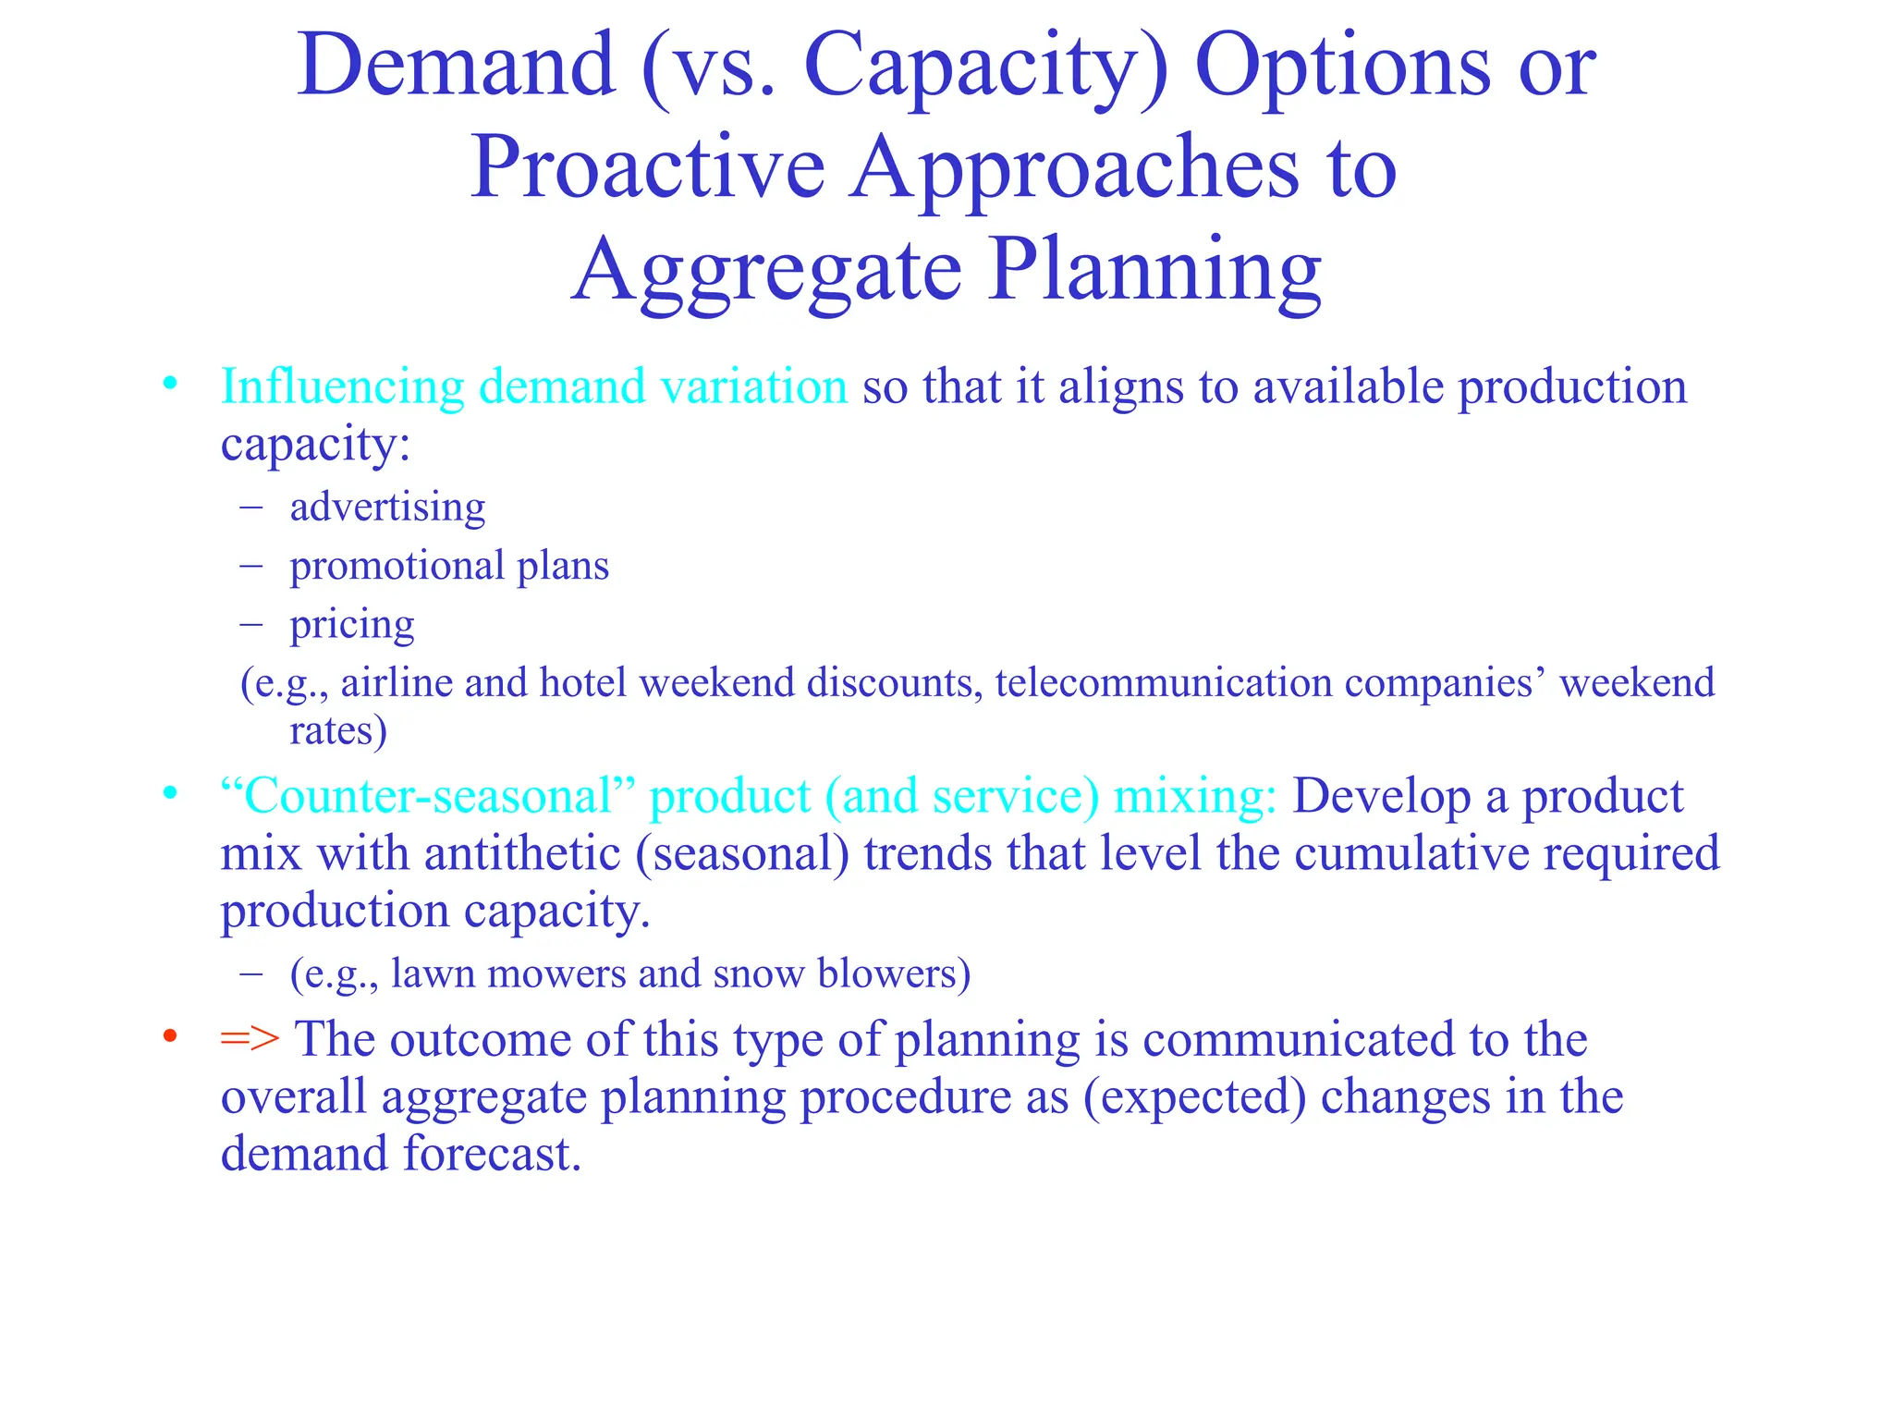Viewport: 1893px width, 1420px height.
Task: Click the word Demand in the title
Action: [x=456, y=66]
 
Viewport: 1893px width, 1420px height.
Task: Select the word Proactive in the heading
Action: [x=647, y=168]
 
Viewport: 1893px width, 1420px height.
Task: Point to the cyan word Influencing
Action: [x=342, y=387]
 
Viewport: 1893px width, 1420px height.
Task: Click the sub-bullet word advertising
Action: [x=387, y=508]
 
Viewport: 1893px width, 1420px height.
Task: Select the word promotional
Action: [x=397, y=566]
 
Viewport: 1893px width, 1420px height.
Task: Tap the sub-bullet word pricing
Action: [x=351, y=626]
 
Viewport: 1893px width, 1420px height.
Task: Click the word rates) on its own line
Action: [x=338, y=730]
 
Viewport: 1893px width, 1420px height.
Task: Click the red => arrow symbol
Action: [x=250, y=1038]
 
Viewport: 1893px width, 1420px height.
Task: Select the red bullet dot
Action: [x=169, y=1036]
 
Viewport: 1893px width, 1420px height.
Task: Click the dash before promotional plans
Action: [x=251, y=566]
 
